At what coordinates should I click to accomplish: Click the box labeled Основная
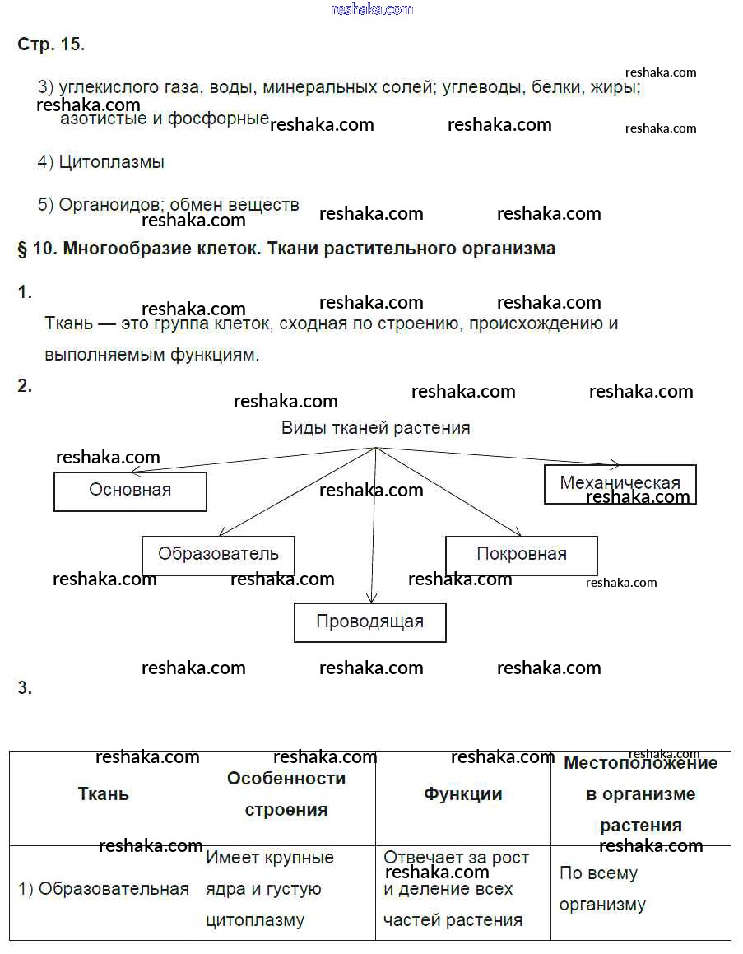[130, 491]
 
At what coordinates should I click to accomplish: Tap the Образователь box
[218, 555]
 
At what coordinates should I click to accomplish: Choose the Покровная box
[521, 555]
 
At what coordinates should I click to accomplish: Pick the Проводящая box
[369, 622]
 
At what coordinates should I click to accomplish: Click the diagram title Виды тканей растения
[375, 428]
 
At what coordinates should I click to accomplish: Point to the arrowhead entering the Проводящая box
[372, 600]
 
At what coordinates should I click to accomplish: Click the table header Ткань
[103, 794]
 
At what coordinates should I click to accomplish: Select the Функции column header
[462, 794]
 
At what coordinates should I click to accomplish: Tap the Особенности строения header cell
[286, 794]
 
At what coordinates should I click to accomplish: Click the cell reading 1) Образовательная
[104, 890]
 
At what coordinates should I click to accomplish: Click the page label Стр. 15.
[51, 44]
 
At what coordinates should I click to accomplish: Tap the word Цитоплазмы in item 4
[112, 162]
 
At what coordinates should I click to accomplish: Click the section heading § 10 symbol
[22, 249]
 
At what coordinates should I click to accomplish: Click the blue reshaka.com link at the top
[372, 9]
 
